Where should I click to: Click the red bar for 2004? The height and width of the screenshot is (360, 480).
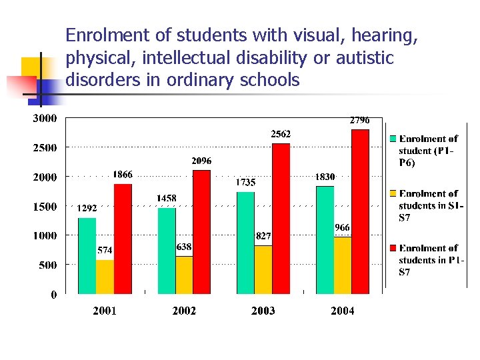click(360, 212)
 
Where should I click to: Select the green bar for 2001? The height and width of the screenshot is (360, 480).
click(87, 256)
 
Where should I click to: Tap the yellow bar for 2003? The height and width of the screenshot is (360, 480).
click(263, 269)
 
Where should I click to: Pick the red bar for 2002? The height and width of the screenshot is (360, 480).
click(201, 232)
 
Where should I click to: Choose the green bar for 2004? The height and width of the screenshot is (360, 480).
click(325, 240)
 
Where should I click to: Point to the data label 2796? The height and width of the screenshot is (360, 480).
click(360, 121)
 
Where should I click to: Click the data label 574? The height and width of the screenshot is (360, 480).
click(105, 251)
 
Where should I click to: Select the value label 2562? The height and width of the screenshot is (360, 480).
click(280, 134)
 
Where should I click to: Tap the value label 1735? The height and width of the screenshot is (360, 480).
click(245, 181)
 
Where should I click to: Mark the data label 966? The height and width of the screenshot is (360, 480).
click(342, 227)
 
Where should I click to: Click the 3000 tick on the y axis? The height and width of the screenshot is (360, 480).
click(45, 119)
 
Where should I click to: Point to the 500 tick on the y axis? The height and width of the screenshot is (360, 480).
click(47, 265)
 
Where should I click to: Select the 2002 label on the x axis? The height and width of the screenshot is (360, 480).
click(184, 311)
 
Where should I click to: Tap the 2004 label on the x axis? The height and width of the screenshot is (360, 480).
click(343, 311)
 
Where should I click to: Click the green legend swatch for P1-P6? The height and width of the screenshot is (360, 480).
click(393, 139)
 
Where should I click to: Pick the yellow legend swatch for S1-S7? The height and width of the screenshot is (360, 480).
click(393, 194)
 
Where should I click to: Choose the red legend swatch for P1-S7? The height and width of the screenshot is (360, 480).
click(393, 249)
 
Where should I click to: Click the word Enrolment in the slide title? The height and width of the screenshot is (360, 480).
click(99, 37)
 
